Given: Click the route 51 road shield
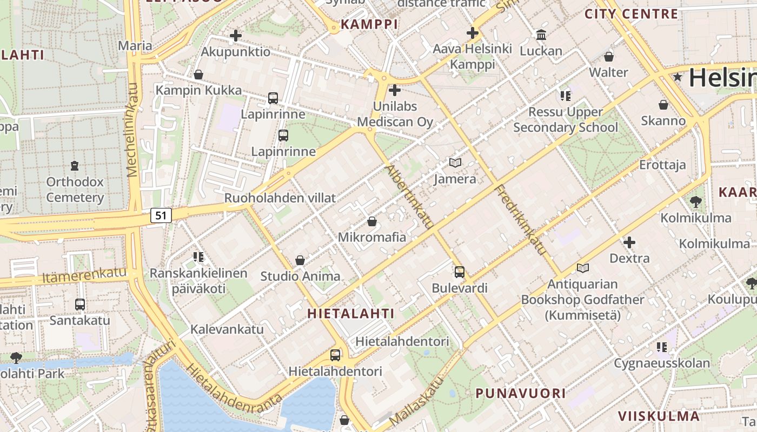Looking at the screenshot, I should click(x=161, y=215).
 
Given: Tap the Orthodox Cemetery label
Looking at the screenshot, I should click(x=75, y=190).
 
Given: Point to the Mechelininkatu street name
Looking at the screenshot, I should click(x=132, y=130).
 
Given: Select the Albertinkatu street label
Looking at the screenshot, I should click(x=409, y=197).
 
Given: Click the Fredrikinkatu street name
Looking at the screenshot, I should click(x=521, y=220).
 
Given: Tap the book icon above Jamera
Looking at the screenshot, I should click(x=455, y=163).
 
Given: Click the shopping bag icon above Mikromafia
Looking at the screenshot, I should click(x=372, y=221).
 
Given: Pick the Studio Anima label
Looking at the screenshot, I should click(x=300, y=276).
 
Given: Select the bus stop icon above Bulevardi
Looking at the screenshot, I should click(x=460, y=272).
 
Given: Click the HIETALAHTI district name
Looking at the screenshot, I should click(x=351, y=313).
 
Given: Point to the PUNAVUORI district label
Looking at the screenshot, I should click(x=521, y=393).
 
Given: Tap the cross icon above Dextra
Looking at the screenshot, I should click(x=629, y=242).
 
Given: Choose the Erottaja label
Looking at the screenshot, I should click(x=662, y=165).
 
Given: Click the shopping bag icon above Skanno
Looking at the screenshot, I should click(x=663, y=105).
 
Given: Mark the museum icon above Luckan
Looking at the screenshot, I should click(x=541, y=36).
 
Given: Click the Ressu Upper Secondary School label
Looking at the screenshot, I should click(x=565, y=120).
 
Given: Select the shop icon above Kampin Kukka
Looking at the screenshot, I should click(x=198, y=75).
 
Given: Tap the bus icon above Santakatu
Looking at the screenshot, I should click(x=80, y=305).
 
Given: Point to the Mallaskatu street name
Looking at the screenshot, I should click(x=416, y=400).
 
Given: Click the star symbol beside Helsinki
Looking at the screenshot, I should click(x=678, y=78).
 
